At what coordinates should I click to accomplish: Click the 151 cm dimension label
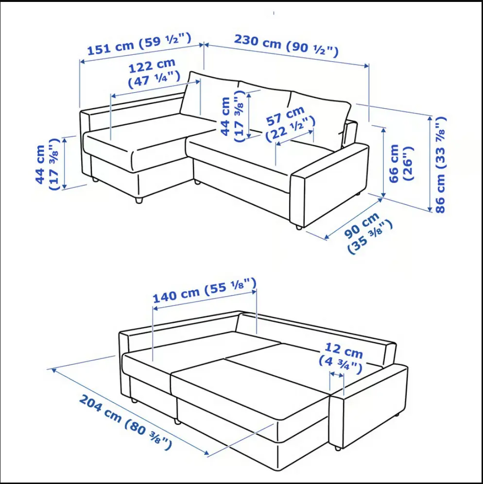139,44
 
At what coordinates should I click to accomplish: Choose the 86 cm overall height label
440,164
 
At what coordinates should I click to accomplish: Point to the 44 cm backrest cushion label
232,116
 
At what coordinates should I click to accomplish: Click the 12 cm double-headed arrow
337,375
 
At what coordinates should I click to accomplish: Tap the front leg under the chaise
139,200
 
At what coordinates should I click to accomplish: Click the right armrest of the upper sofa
329,185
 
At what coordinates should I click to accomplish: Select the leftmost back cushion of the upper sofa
210,96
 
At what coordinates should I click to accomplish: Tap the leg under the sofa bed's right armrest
338,448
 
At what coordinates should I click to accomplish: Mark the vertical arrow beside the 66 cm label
383,162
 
